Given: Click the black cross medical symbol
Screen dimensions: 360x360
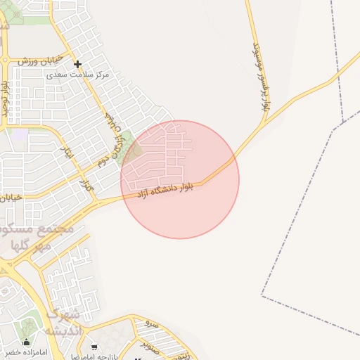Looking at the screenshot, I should (77, 64).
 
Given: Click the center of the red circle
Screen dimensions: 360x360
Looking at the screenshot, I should (180, 179).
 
